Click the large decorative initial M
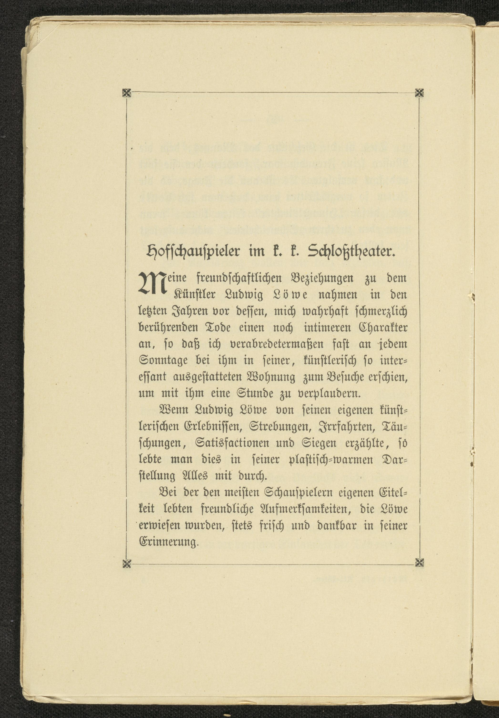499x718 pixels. (x=151, y=283)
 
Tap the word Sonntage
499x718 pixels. (x=163, y=361)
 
